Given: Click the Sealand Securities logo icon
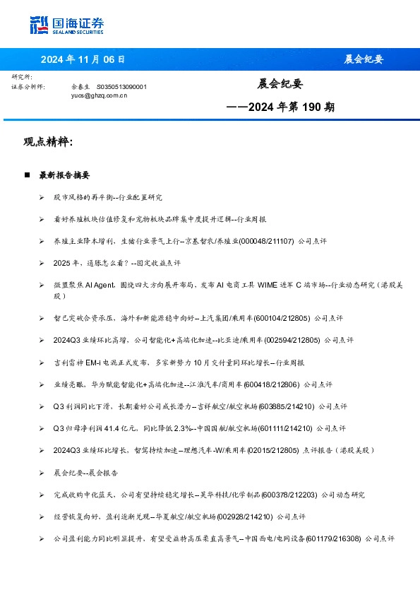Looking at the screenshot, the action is [40, 25].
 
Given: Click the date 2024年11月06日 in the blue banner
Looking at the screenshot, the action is [83, 59].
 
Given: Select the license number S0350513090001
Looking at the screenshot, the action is [121, 86].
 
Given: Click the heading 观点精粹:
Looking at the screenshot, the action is [48, 143].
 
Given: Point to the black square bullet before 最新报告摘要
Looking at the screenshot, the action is [28, 175].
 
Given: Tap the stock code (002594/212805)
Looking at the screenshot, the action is [293, 340].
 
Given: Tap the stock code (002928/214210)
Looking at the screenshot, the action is [247, 517].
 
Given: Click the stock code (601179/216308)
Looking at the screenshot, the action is [331, 538].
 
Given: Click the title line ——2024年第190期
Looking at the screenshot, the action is [280, 108].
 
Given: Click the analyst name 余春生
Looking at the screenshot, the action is [80, 86].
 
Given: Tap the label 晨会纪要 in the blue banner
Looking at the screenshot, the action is [364, 59].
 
